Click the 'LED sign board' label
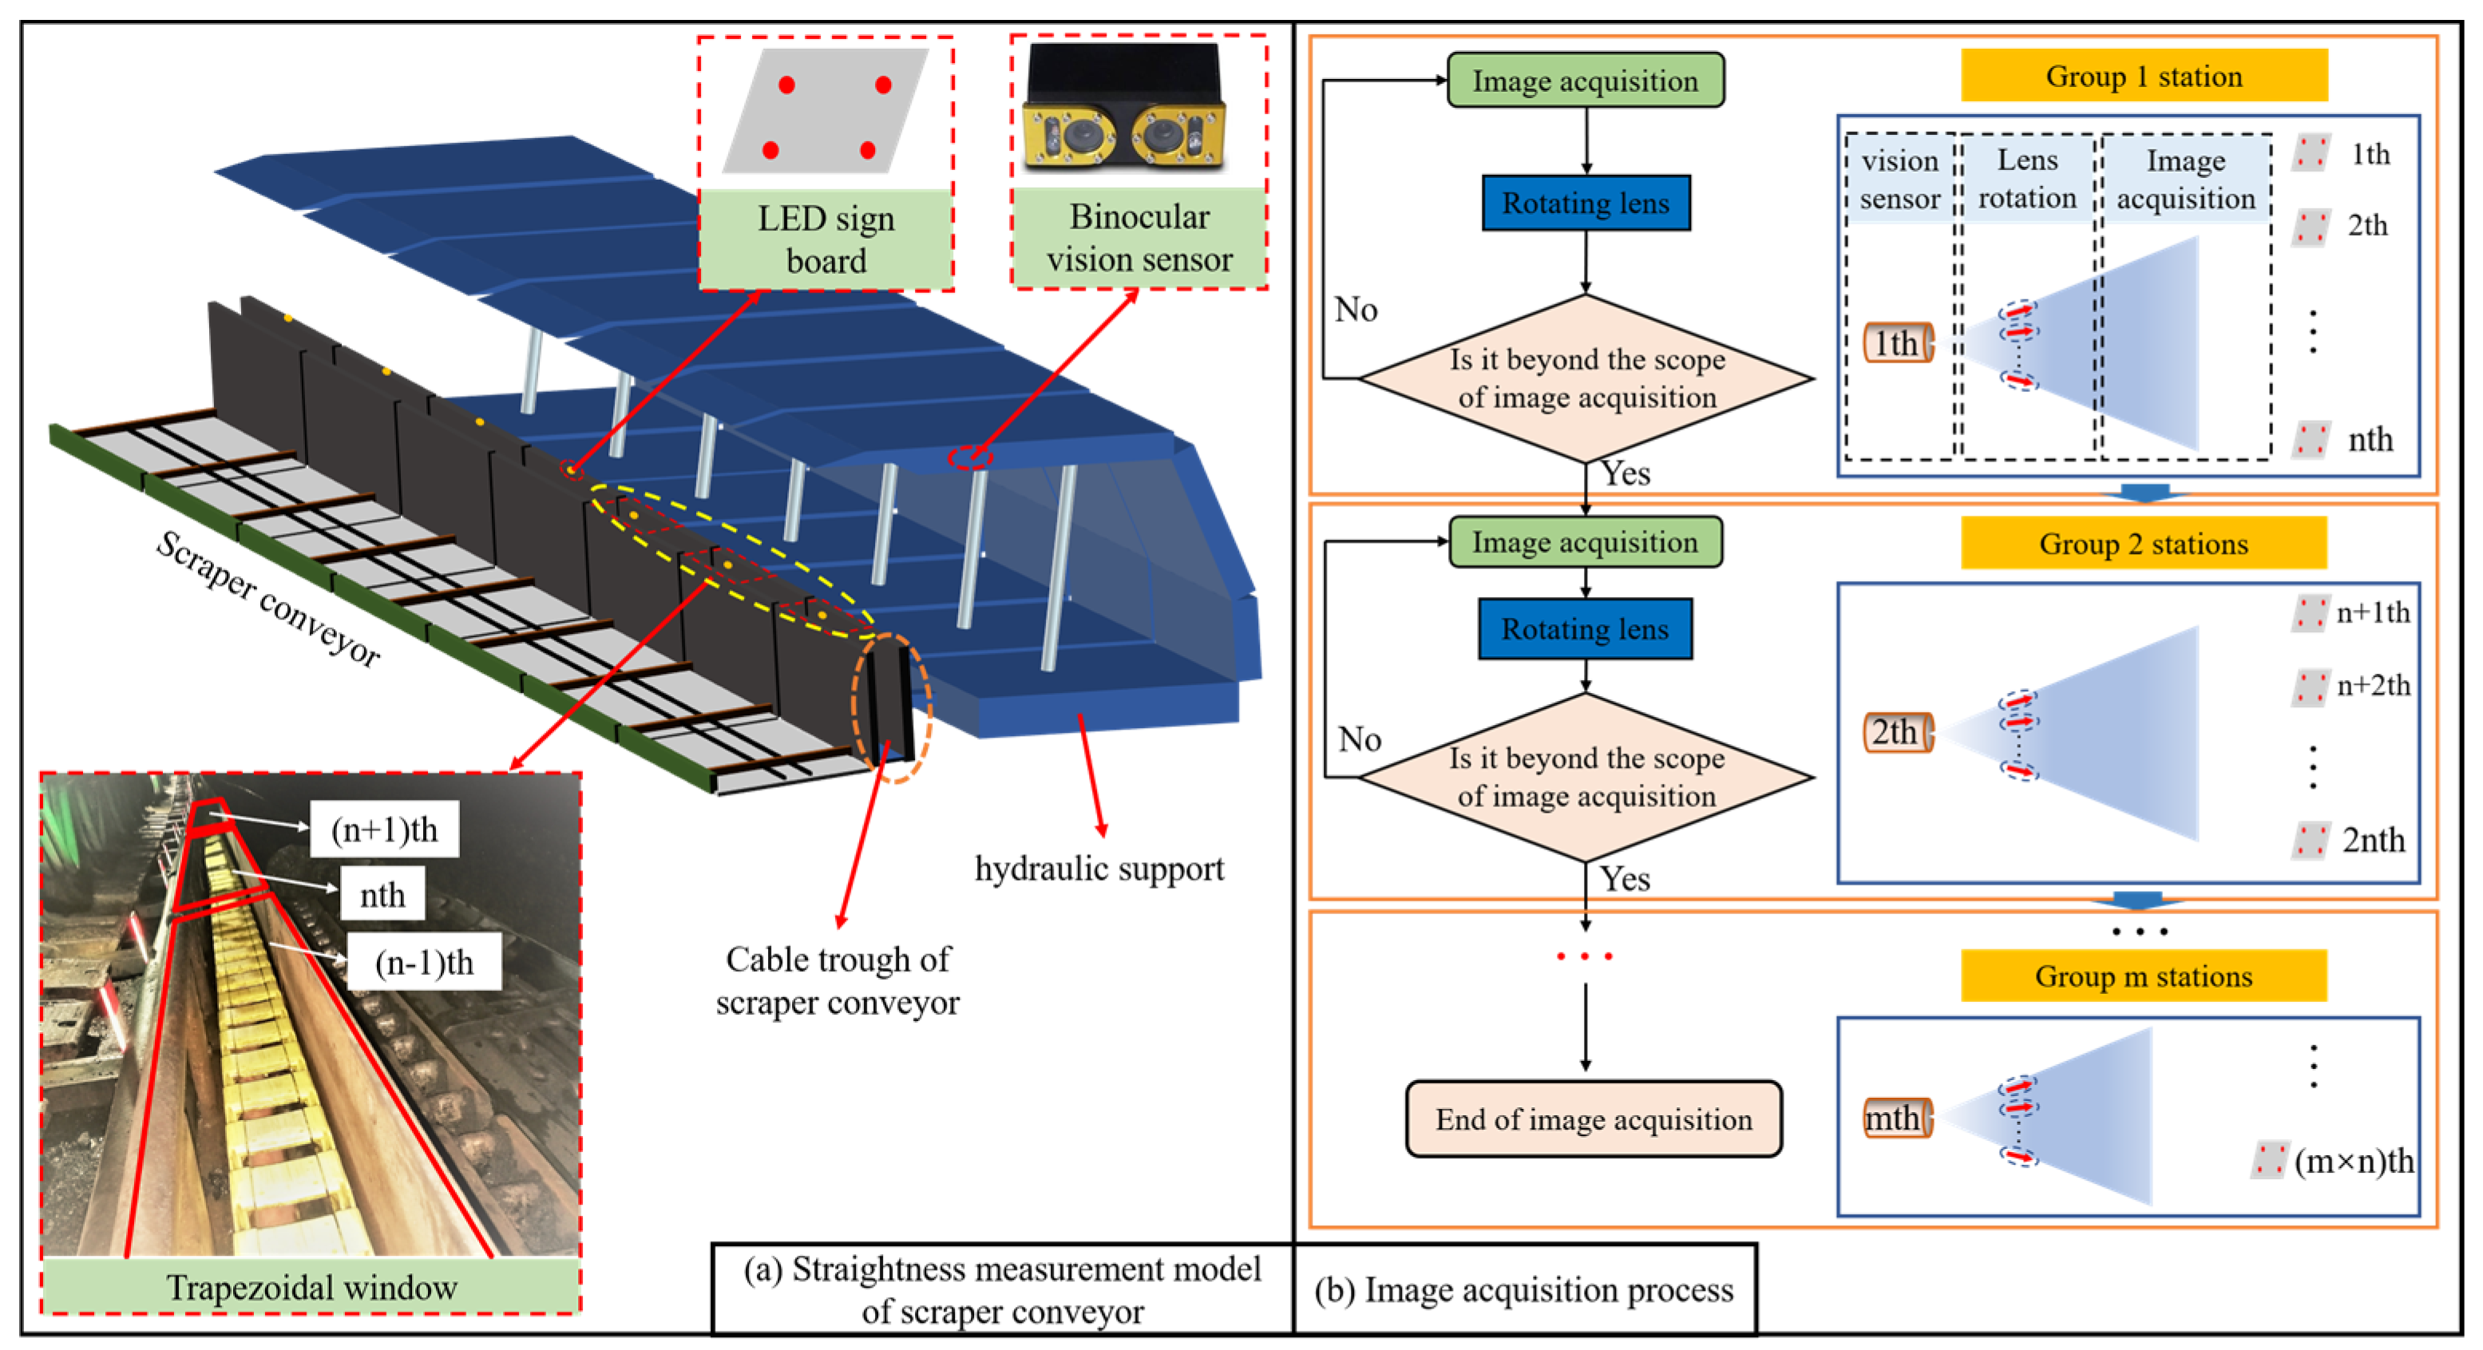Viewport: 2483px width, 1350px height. (826, 239)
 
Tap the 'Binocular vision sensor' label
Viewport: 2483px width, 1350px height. (1139, 237)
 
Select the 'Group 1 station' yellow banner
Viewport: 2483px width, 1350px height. (2143, 76)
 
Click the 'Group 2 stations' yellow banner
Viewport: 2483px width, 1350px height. (2143, 544)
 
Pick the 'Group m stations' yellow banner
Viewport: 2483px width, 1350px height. (2143, 976)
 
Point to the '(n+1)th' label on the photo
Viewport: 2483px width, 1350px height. (384, 829)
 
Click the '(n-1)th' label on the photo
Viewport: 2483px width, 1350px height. (424, 962)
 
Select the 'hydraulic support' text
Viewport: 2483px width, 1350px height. (1099, 869)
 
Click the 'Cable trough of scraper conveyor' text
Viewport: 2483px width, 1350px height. (837, 980)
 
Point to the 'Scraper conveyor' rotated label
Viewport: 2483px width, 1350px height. (268, 599)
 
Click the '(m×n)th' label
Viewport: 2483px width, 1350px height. (2353, 1161)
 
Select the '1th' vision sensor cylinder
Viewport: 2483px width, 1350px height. (1897, 343)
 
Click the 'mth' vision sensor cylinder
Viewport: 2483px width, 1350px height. (1896, 1118)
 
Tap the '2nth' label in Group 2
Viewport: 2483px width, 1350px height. (2372, 840)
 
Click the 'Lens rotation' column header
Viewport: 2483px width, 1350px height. (2026, 178)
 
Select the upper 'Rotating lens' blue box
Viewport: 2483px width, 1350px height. (1585, 204)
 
